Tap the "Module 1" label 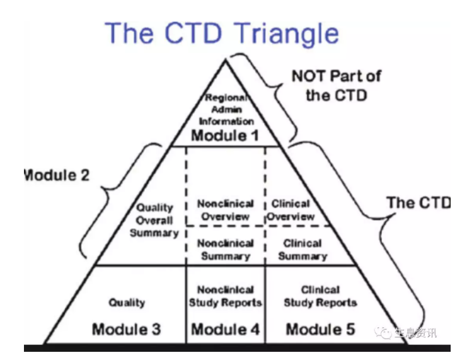coord(226,136)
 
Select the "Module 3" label coord(126,329)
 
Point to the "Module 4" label coord(225,329)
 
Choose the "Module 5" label coord(320,329)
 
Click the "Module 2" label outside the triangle coord(56,175)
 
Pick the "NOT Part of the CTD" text coord(336,86)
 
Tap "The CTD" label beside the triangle coord(419,202)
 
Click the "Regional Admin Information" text coord(226,110)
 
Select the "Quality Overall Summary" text coord(154,220)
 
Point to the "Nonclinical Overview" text coord(225,211)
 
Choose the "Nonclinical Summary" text coord(225,250)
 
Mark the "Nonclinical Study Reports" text coord(225,296)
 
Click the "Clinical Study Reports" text coord(320,296)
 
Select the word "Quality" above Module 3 coord(127,303)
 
